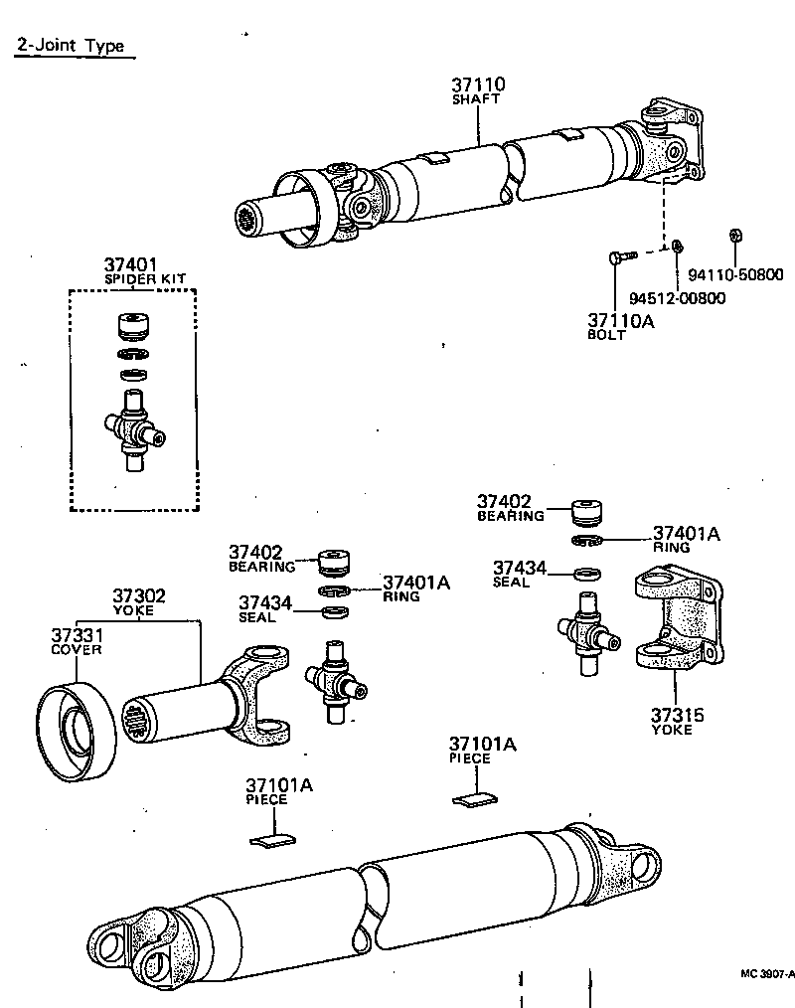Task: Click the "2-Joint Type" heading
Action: [70, 45]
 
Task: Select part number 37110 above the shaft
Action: [478, 84]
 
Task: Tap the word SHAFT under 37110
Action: [477, 99]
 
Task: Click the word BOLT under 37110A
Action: [606, 335]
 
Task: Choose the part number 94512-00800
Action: [677, 297]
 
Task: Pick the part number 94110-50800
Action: [735, 275]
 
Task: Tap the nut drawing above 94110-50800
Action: [735, 235]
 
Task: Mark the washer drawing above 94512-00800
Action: [675, 246]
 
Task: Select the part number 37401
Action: [131, 264]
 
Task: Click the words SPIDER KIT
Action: [145, 278]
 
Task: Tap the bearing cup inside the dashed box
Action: [132, 326]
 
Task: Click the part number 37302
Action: [138, 596]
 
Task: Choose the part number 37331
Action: [77, 635]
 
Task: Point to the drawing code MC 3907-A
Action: [766, 974]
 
